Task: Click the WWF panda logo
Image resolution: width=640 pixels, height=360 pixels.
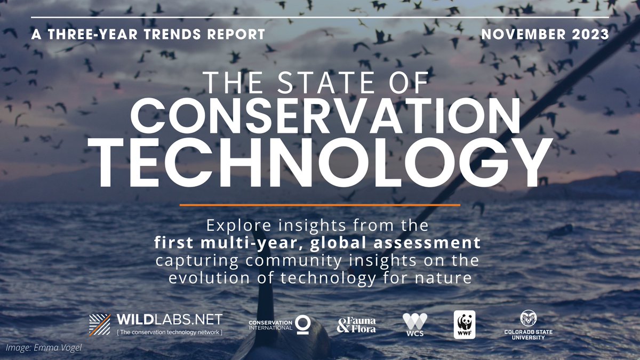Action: point(464,324)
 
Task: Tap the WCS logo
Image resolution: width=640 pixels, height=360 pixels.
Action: point(414,324)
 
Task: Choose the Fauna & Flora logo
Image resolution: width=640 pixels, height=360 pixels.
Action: point(356,325)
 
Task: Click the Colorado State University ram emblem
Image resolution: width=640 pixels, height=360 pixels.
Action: point(528,318)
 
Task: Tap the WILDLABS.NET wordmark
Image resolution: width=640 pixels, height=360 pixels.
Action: point(169,320)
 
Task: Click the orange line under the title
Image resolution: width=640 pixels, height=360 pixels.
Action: point(319,204)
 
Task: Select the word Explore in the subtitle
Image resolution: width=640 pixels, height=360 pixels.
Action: point(232,226)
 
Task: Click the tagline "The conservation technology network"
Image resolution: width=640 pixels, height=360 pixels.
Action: point(169,332)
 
